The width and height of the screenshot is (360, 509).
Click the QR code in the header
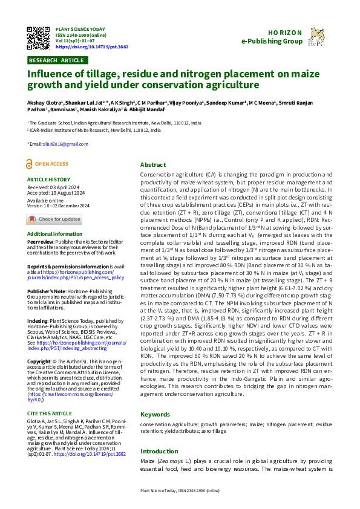(38, 37)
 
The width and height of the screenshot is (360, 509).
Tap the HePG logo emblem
(316, 37)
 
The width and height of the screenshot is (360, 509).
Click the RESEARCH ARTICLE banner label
(56, 60)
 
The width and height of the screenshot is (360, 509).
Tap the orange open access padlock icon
(30, 164)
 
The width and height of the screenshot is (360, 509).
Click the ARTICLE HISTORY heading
(48, 180)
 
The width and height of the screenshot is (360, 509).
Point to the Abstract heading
(152, 164)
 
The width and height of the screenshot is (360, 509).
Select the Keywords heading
(155, 415)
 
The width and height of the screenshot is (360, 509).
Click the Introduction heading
(160, 451)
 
